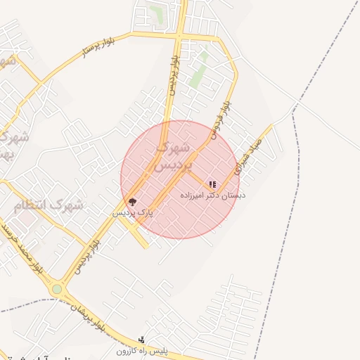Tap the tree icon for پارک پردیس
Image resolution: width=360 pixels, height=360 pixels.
pyautogui.click(x=132, y=202)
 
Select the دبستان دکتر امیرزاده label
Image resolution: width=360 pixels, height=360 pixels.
pyautogui.click(x=213, y=195)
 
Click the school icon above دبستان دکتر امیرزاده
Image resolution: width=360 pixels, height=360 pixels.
pyautogui.click(x=213, y=185)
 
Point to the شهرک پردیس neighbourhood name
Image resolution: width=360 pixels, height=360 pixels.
pyautogui.click(x=169, y=157)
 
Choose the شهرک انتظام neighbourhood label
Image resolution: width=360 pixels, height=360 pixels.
pyautogui.click(x=48, y=205)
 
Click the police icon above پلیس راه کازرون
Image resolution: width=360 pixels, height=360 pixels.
pyautogui.click(x=142, y=340)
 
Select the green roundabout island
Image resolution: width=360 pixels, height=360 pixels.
pyautogui.click(x=57, y=289)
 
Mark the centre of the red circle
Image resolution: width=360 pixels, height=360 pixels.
pyautogui.click(x=180, y=179)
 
